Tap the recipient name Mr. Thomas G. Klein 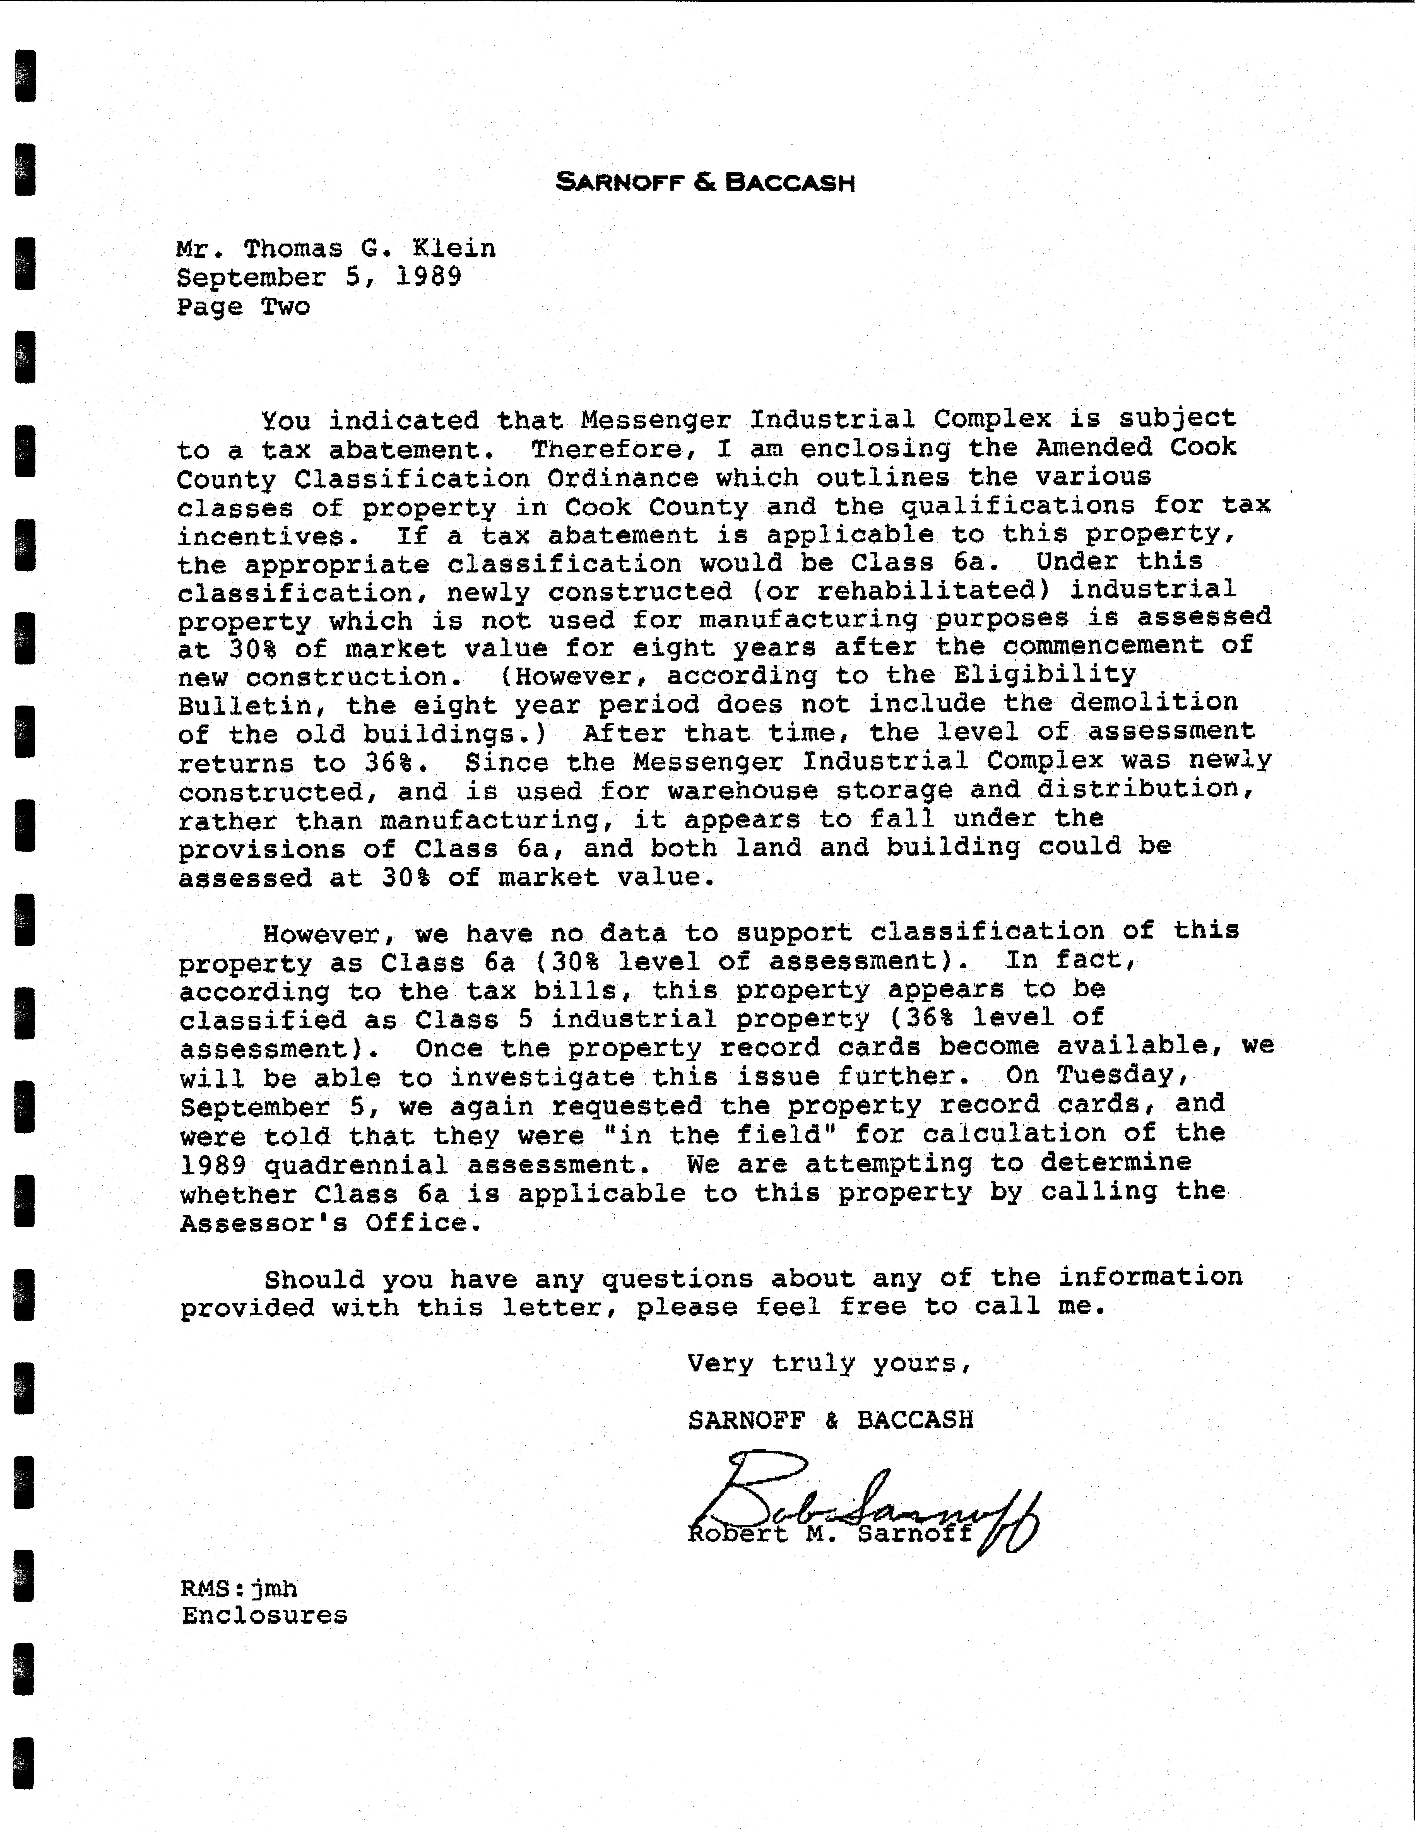[x=336, y=248]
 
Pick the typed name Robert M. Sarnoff [x=829, y=1534]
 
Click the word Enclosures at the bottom [x=264, y=1616]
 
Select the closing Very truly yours [x=829, y=1363]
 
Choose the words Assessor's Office [x=331, y=1223]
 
